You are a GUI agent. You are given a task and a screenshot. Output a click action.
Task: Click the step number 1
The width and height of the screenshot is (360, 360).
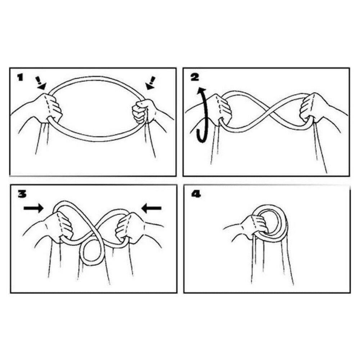(20, 77)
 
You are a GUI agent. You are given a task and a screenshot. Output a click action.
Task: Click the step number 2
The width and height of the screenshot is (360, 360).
(195, 77)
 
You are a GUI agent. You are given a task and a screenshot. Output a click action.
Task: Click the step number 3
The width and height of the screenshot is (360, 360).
(22, 194)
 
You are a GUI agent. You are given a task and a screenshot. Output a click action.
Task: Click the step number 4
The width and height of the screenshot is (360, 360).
(196, 194)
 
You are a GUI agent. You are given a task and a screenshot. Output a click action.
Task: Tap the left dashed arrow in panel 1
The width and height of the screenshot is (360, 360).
(40, 83)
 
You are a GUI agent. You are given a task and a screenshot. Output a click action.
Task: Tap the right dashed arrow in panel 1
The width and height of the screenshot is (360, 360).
(150, 83)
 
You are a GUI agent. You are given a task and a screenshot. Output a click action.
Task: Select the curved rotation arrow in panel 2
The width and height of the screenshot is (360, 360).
(201, 115)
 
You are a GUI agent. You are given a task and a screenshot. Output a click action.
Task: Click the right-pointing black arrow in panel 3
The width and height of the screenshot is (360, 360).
(33, 208)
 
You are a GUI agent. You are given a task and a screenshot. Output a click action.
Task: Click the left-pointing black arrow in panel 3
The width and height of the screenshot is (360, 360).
(151, 208)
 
